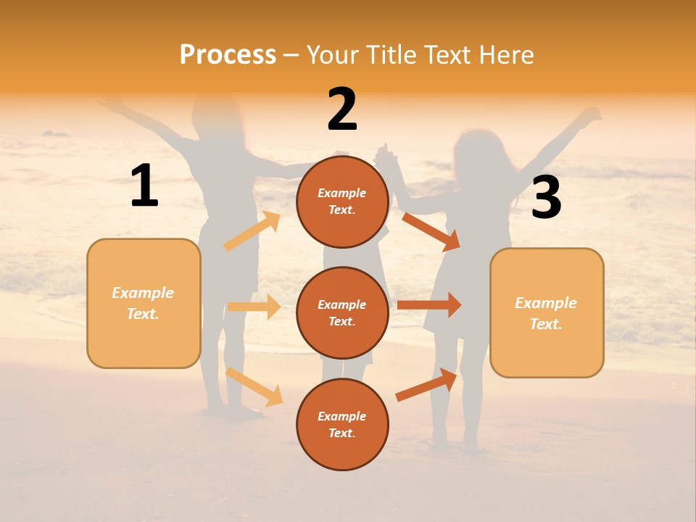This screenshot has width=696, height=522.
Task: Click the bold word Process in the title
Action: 228,55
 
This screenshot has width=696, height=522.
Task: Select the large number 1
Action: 144,186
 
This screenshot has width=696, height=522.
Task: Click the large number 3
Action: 546,198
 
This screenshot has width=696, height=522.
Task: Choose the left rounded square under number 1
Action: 144,304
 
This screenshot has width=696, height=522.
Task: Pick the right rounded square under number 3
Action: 547,313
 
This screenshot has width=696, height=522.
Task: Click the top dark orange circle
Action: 342,202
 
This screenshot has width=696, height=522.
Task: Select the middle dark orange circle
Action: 342,312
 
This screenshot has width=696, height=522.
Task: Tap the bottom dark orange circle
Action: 342,424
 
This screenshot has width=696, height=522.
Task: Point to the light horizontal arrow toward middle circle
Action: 254,307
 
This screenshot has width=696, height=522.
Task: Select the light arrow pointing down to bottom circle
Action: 254,386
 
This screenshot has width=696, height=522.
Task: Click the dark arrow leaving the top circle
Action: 431,231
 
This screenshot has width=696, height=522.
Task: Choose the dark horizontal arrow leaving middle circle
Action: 429,304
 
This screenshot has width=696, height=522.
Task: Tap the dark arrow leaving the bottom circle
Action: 426,384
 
